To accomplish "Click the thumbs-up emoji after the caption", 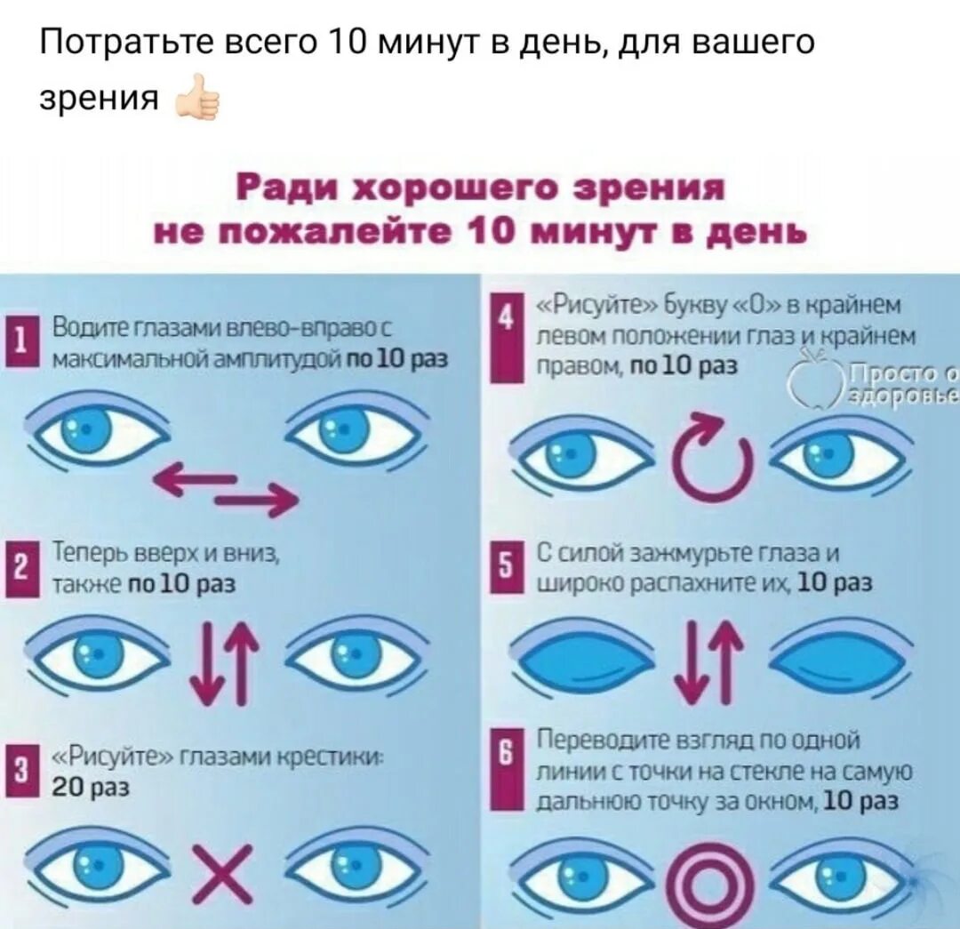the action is tap(198, 102).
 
